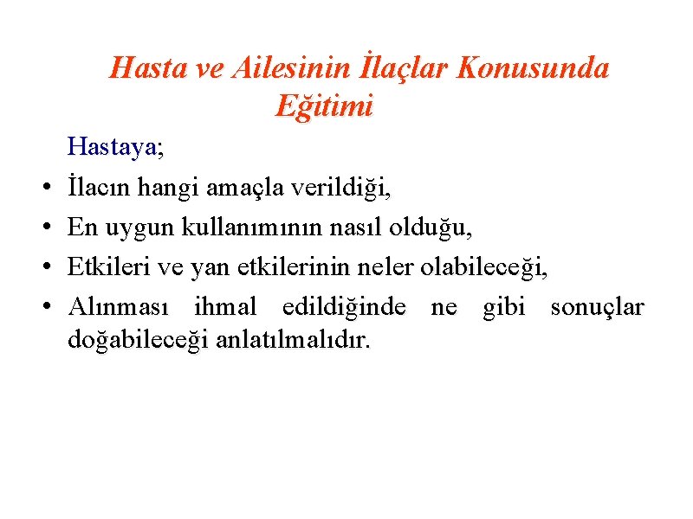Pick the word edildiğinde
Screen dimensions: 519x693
pyautogui.click(x=344, y=308)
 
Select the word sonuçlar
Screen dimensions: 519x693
pyautogui.click(x=598, y=308)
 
